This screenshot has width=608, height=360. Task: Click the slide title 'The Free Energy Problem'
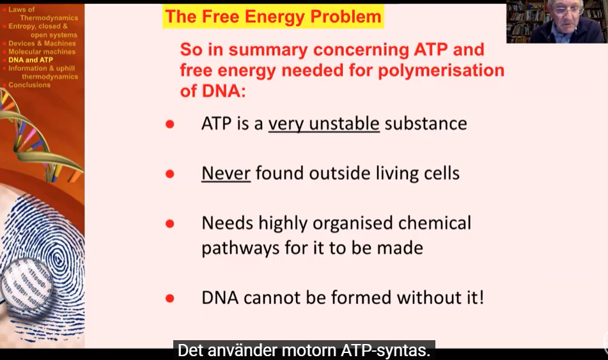tap(273, 17)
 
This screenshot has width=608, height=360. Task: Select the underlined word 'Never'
tap(226, 173)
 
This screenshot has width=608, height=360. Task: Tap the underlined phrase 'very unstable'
tap(323, 124)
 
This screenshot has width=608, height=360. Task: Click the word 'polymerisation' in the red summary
tap(441, 70)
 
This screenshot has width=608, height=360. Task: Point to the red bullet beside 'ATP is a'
tap(170, 124)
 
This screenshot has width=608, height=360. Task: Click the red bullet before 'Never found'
tap(170, 174)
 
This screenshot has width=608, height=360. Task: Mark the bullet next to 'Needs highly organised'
tap(170, 223)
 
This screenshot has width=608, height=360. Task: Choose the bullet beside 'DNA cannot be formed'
tap(170, 298)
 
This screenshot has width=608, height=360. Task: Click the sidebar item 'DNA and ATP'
tap(31, 60)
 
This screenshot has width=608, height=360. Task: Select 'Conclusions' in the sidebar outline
tap(29, 85)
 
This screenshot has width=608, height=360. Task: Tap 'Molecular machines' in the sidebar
tap(42, 52)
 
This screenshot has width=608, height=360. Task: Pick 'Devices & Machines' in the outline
tap(42, 43)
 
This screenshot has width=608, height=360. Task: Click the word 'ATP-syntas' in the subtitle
tap(386, 350)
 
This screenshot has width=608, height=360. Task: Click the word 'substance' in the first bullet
tap(426, 124)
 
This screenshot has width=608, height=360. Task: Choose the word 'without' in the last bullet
tap(424, 298)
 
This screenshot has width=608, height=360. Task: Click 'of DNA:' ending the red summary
tap(213, 91)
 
